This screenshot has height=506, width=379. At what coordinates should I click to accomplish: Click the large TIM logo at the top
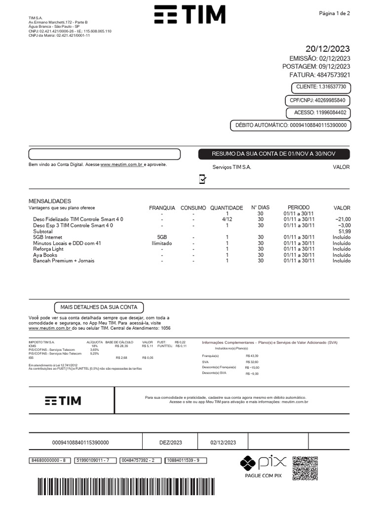tap(189, 15)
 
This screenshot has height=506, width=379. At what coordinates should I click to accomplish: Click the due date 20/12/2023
tap(327, 48)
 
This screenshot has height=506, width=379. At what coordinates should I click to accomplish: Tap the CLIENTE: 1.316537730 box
tap(321, 87)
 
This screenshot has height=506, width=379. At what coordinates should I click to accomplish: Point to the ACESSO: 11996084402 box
tap(320, 113)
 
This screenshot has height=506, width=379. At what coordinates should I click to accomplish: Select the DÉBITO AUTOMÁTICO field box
tap(290, 126)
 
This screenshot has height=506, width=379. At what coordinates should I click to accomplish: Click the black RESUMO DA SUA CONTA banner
tap(273, 154)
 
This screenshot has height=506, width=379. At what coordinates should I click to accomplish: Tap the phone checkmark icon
tap(202, 179)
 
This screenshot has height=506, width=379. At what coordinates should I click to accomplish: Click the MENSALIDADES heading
tap(50, 201)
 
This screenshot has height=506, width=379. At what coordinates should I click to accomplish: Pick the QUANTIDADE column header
tap(227, 208)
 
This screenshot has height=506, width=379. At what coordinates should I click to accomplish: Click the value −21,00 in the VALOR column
tap(342, 219)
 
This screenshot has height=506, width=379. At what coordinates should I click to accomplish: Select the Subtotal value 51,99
tap(344, 231)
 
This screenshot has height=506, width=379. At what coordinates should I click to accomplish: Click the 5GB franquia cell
tap(162, 237)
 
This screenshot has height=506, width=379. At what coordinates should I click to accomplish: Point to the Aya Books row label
tap(45, 255)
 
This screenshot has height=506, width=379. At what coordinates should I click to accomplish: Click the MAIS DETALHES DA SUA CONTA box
tap(99, 307)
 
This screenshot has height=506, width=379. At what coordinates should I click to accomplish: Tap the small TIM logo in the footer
tap(63, 401)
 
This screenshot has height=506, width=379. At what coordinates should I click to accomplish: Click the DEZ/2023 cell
tap(170, 443)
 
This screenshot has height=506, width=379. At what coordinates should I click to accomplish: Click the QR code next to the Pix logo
tap(305, 468)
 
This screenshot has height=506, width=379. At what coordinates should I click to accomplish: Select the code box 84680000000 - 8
tap(48, 461)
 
